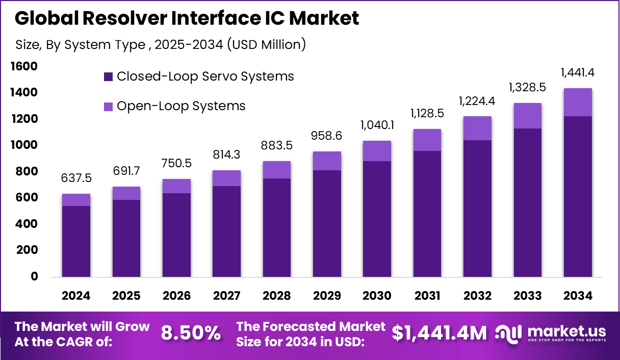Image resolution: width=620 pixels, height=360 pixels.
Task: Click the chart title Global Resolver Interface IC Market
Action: click(187, 18)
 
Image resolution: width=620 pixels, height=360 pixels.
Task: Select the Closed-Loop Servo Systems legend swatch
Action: click(108, 77)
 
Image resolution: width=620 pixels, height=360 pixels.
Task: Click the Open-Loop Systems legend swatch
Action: click(108, 107)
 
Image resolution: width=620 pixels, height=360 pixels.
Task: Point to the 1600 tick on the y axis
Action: click(24, 66)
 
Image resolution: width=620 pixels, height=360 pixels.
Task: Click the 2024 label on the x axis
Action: click(76, 296)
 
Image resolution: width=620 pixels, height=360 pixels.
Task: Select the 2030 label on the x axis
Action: click(377, 296)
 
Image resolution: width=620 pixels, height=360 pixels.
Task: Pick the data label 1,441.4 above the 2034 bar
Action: click(577, 73)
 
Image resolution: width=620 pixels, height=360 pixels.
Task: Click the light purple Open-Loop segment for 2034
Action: click(578, 102)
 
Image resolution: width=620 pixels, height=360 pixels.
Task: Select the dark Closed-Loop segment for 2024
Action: click(76, 241)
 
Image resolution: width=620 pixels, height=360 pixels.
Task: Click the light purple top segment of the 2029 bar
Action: click(327, 161)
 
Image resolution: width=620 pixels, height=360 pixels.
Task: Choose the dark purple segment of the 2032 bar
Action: click(477, 209)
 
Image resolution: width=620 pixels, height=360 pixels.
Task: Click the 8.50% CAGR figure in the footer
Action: click(191, 333)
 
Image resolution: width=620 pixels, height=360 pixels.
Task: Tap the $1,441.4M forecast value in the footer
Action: click(439, 333)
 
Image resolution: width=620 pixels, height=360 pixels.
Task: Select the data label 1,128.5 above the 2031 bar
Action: click(427, 114)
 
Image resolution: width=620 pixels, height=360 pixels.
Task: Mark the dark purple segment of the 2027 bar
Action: click(226, 232)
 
